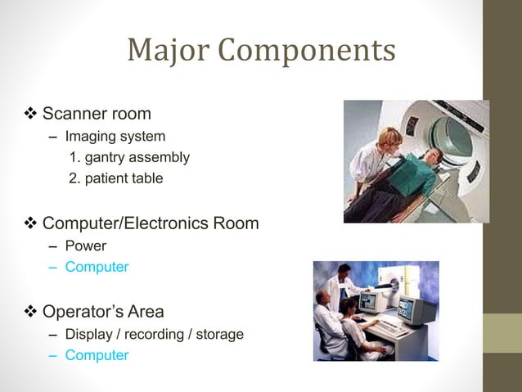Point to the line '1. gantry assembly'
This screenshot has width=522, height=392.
pyautogui.click(x=130, y=157)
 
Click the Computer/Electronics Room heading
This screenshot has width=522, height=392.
pyautogui.click(x=150, y=223)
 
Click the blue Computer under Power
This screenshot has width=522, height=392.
pyautogui.click(x=97, y=267)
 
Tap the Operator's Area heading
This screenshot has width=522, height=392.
pyautogui.click(x=102, y=312)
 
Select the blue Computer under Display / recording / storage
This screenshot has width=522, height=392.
pyautogui.click(x=97, y=355)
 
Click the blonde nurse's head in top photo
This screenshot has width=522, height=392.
pyautogui.click(x=389, y=137)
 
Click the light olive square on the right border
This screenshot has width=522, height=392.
pyautogui.click(x=501, y=333)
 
